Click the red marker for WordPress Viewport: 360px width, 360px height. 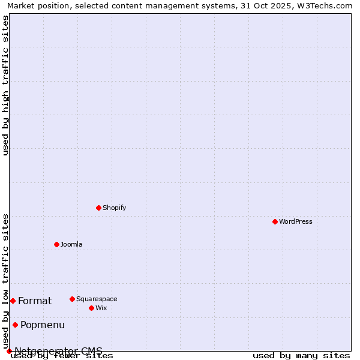pos(275,221)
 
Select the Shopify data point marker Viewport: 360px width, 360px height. pos(98,208)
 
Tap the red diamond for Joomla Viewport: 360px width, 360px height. pos(56,244)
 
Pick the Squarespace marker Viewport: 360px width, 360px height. pos(72,299)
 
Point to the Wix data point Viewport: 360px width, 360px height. pos(91,308)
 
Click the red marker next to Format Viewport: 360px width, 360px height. pos(13,301)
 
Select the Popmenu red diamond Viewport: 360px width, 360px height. pos(15,325)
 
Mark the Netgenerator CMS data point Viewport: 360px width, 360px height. pos(9,351)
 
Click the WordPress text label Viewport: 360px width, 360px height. pos(296,221)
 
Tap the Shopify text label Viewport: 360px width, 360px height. pos(114,208)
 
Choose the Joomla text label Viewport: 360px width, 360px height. pos(71,244)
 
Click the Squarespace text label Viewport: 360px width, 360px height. pos(97,299)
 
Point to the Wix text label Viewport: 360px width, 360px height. pos(101,308)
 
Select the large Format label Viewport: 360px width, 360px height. pos(35,301)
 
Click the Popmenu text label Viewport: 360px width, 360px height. pos(43,325)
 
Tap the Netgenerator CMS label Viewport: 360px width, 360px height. pos(58,351)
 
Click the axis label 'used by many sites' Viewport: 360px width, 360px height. pos(301,355)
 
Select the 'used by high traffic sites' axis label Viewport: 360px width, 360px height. pos(6,85)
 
